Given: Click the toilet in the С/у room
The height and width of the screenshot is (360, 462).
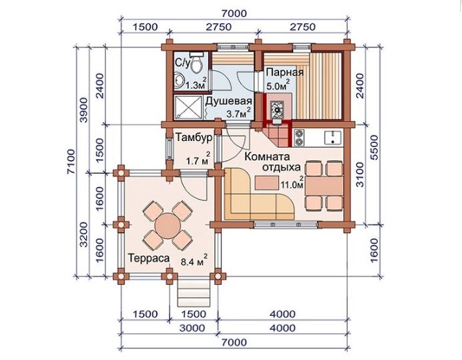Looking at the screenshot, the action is (196, 62).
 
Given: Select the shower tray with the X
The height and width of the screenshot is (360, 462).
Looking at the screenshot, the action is (188, 108).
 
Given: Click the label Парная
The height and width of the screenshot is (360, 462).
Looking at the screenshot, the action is (284, 72).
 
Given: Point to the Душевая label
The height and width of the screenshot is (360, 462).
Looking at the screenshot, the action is (228, 101).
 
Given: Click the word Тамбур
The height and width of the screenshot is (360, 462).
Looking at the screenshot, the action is (194, 138).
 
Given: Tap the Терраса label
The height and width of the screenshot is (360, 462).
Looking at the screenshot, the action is (149, 258).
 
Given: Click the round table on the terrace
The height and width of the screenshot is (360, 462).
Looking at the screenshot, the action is (168, 226).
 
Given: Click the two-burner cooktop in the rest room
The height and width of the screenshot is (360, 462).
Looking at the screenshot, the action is (299, 138).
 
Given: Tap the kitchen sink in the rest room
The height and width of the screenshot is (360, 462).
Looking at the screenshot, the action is (333, 138).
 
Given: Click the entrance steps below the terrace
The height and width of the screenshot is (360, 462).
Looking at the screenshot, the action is (194, 293).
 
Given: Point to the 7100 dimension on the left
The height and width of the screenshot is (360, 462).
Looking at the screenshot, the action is (71, 162).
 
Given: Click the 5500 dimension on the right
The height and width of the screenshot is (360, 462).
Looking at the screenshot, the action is (374, 148).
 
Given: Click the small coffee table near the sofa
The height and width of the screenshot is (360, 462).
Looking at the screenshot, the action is (266, 182).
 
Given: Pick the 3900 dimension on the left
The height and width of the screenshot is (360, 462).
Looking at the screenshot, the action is (84, 110).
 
